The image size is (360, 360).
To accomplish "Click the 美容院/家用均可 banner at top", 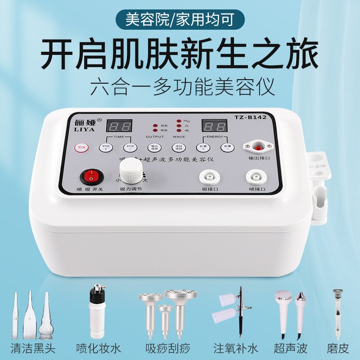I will [180, 20].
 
